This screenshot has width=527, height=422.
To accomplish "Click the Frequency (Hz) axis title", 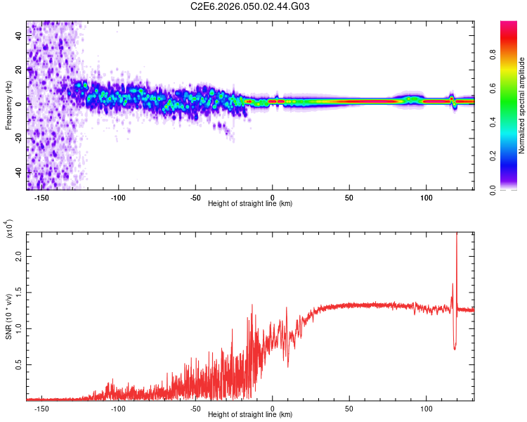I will (x=8, y=105).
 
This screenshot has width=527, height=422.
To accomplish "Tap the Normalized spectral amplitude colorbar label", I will (x=522, y=105).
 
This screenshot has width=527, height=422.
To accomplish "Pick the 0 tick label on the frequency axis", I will (x=18, y=103).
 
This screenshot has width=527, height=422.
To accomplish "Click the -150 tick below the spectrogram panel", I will (x=41, y=196).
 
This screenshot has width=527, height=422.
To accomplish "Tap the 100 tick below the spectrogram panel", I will (x=426, y=196).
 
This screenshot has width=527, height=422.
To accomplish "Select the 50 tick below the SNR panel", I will (x=349, y=408).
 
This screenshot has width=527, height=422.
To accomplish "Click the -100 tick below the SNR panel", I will (x=118, y=408).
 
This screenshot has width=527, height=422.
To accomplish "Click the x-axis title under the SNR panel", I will (x=250, y=416).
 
